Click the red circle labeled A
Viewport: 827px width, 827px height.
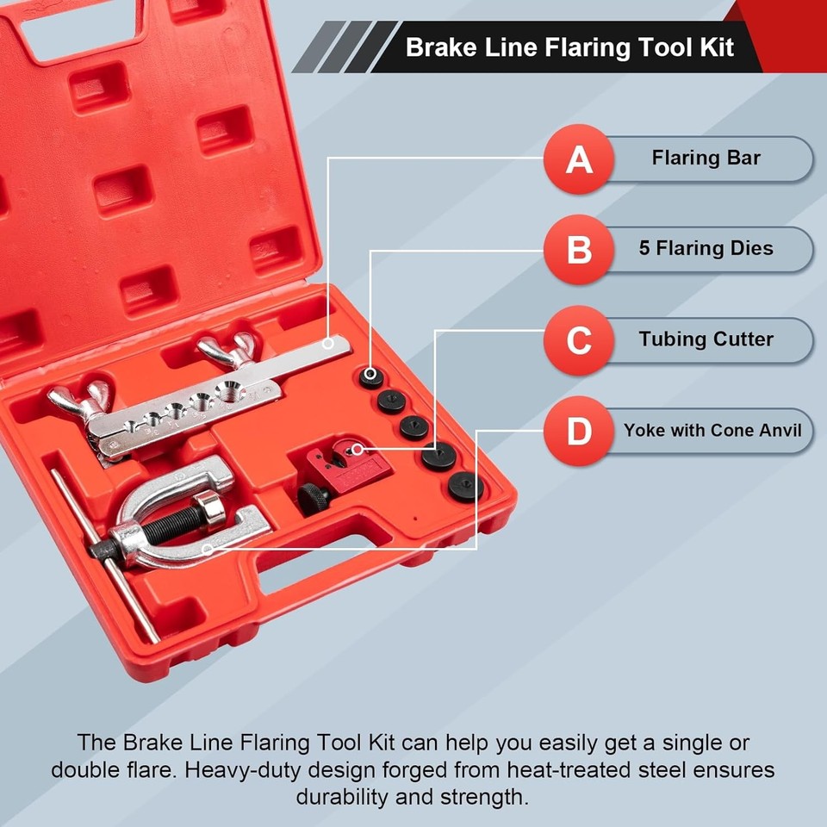pos(578,159)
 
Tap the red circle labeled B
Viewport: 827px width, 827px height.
pos(578,250)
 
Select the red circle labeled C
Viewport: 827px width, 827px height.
pos(578,340)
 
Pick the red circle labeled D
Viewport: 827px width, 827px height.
pos(578,431)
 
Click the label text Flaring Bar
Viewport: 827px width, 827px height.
pos(706,159)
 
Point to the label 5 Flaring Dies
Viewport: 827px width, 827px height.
pos(706,249)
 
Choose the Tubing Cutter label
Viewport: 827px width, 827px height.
pos(706,339)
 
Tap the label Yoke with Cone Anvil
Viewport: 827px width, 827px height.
pos(712,430)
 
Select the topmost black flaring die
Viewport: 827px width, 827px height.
pos(371,376)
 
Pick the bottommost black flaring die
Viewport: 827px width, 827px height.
pos(465,486)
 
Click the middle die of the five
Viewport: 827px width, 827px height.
pos(414,427)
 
